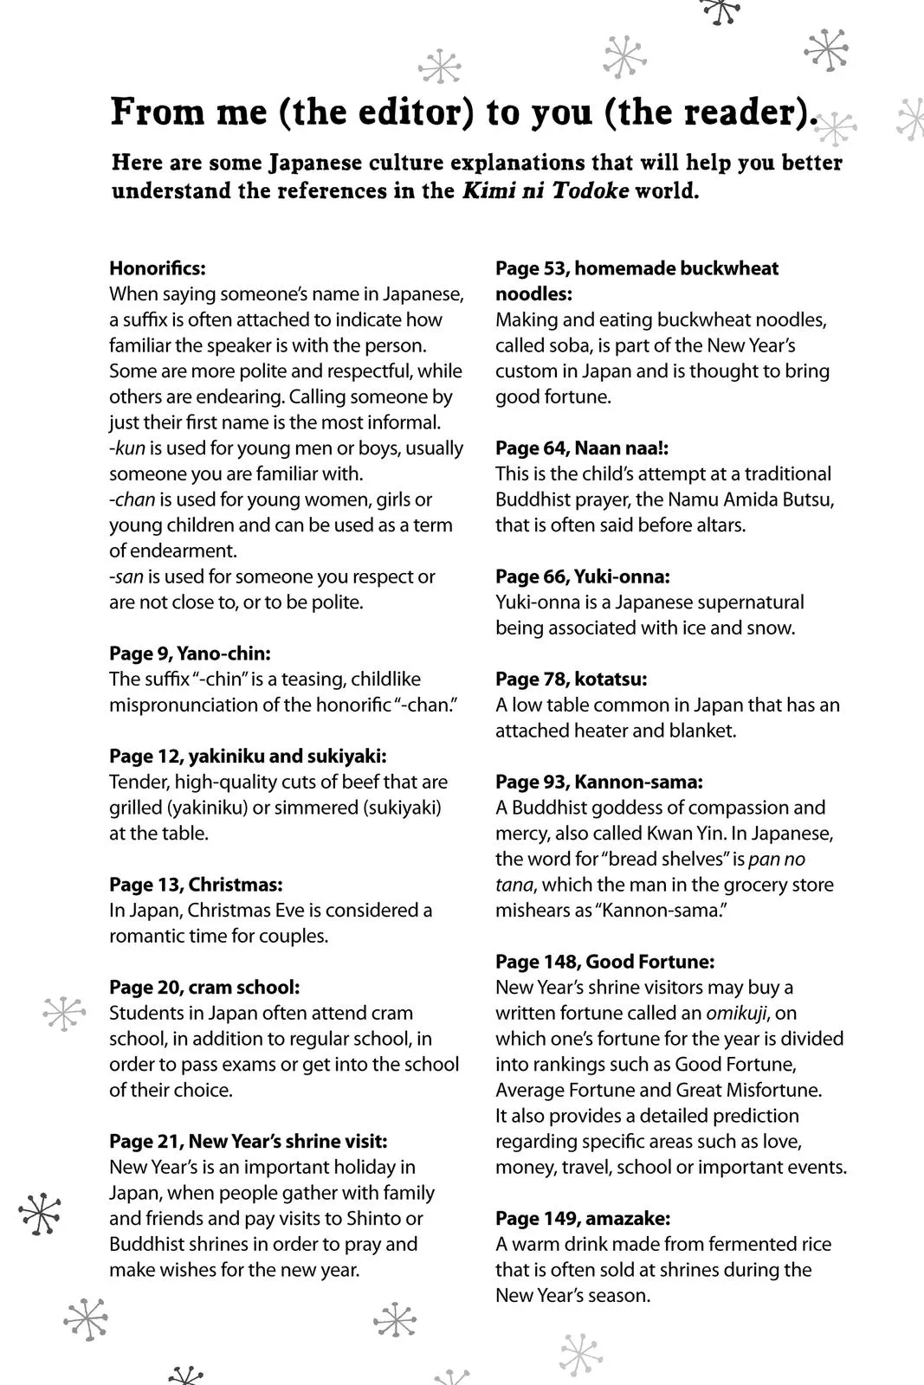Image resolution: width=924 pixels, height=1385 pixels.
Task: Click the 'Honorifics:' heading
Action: point(158,268)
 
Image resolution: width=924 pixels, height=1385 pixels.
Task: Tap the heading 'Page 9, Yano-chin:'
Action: point(190,654)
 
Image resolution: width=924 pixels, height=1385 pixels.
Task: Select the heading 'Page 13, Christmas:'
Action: point(196,885)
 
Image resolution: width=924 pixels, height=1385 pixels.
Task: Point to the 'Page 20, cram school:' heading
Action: point(204,988)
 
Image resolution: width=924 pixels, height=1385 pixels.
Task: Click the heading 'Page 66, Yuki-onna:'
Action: point(583,577)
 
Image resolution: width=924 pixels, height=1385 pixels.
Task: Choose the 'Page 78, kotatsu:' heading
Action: point(572,680)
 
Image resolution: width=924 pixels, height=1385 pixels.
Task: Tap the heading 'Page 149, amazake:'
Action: point(583,1219)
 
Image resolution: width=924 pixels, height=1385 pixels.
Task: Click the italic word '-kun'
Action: point(127,448)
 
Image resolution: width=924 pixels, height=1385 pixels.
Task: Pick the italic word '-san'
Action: point(126,577)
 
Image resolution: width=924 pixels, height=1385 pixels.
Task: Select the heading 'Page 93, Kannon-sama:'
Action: point(599,783)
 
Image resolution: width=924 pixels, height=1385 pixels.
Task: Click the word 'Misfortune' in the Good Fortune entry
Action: point(773,1091)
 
